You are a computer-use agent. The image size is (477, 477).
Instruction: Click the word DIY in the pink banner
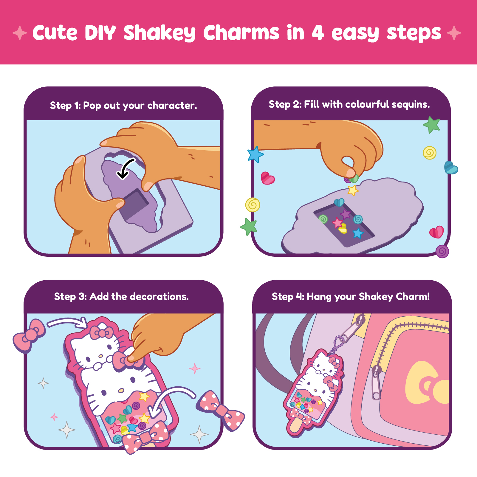pos(100,32)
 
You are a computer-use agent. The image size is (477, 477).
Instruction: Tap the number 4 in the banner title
pos(318,32)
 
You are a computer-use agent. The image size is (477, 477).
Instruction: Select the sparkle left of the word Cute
pos(20,33)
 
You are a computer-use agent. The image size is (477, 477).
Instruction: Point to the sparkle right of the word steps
pos(454,33)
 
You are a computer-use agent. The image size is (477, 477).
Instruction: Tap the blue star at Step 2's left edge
pos(255,154)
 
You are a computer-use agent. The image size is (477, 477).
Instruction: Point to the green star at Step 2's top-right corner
pos(432,124)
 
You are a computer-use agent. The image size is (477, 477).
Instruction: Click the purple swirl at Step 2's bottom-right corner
pos(442,251)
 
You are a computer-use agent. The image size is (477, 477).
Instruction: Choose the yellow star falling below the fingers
pos(353,190)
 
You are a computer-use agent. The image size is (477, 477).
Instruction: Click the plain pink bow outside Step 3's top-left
pos(29,335)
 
